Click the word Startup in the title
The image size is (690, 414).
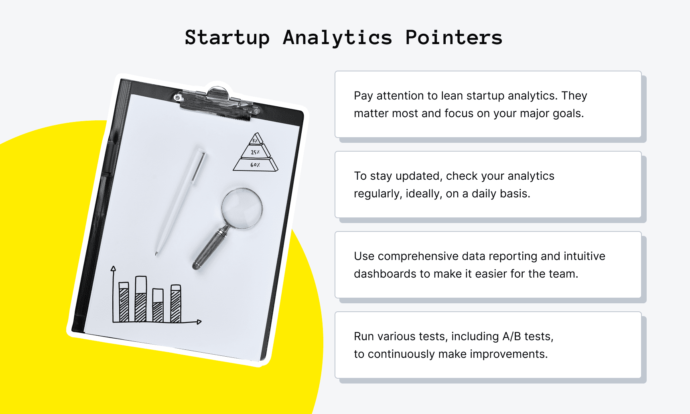pos(227,38)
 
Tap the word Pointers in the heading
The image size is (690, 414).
pos(453,38)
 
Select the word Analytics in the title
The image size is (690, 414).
pos(337,38)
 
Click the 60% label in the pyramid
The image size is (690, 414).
pos(255,165)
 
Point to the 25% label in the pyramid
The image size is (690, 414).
pos(255,152)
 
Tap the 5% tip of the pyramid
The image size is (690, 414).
pos(255,140)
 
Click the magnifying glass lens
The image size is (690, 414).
pos(242,208)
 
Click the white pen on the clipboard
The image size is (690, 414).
pos(181,201)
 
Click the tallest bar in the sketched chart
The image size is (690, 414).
pos(141,298)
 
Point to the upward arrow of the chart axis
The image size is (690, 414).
pos(114,268)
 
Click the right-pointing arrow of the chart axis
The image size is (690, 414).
pos(199,322)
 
